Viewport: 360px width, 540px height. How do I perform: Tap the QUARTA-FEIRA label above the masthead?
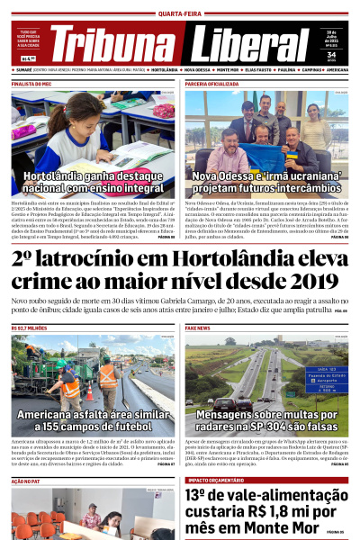pyautogui.click(x=179, y=13)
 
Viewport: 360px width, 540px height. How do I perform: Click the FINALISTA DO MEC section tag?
pyautogui.click(x=31, y=83)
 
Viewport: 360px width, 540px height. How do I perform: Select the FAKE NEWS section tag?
pyautogui.click(x=199, y=328)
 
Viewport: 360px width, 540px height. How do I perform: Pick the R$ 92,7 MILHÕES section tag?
pyautogui.click(x=30, y=328)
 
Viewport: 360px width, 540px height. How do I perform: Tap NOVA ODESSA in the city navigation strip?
pyautogui.click(x=199, y=69)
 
